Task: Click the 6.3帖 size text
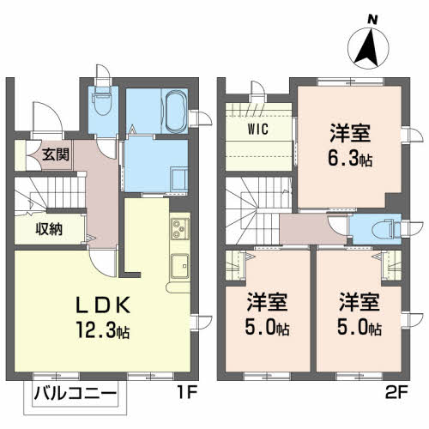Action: [x=353, y=159]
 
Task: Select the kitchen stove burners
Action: [x=179, y=230]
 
